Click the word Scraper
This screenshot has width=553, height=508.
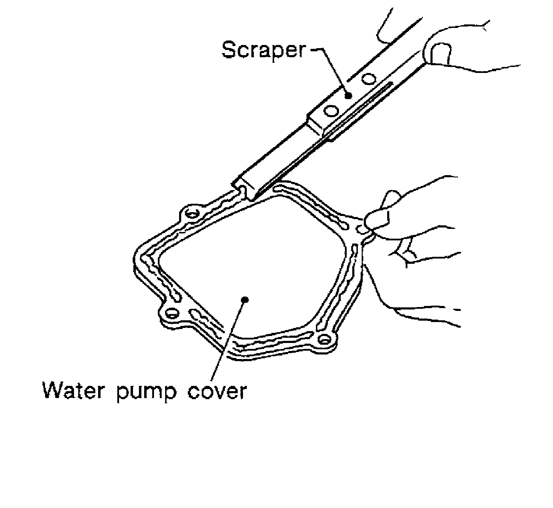point(264,50)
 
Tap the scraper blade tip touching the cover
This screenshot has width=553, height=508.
point(252,198)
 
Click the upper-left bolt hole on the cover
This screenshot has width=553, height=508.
point(191,214)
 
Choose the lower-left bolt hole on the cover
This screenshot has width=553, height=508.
point(171,313)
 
